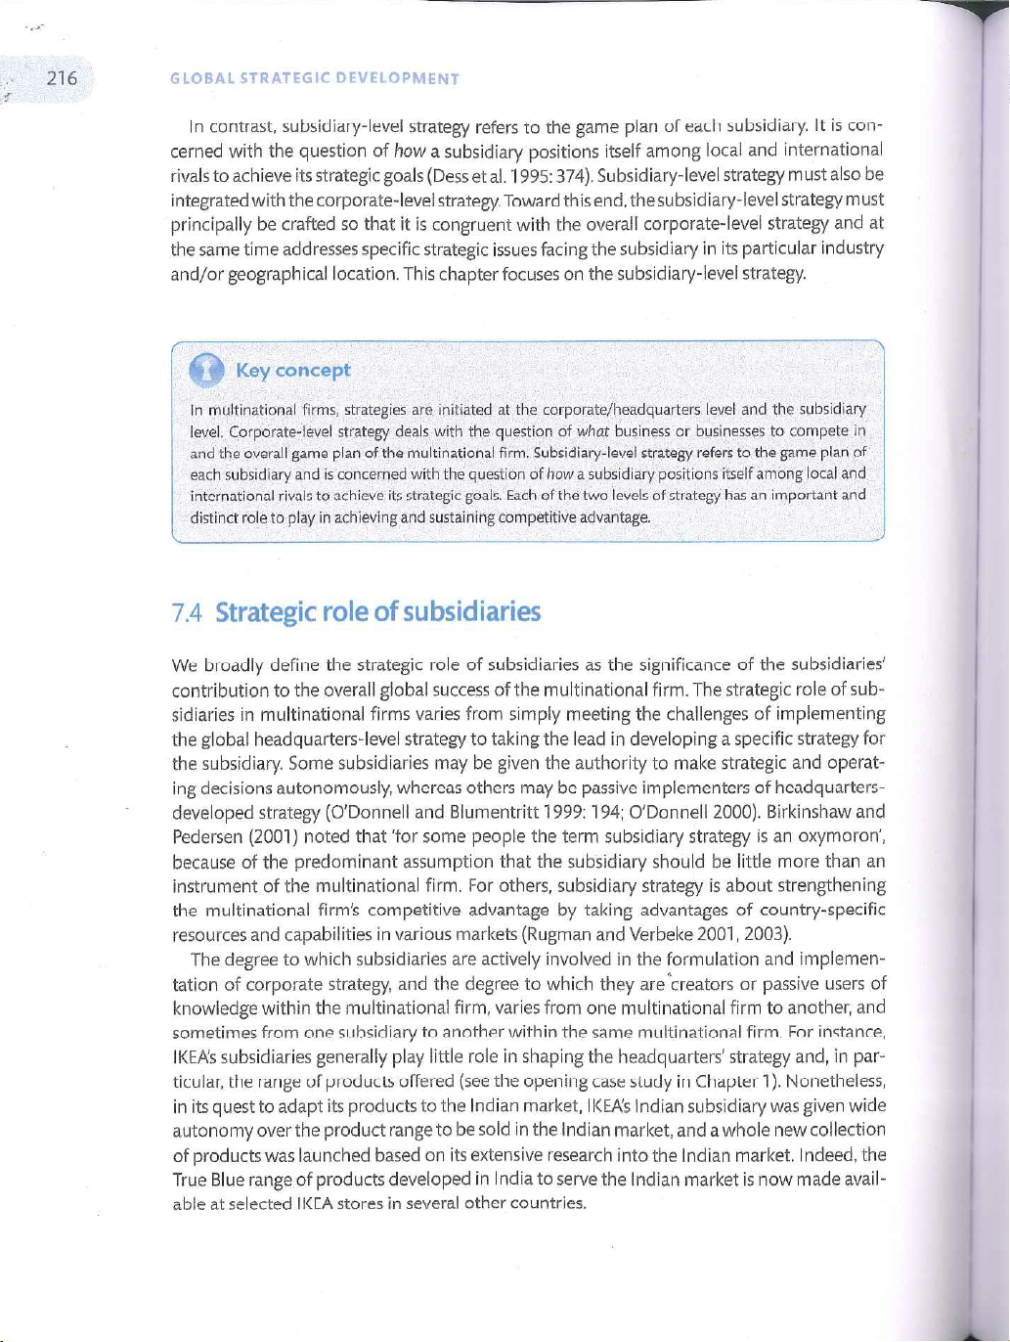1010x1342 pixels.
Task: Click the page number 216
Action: [x=62, y=78]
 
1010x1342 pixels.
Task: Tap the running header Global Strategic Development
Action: [x=315, y=79]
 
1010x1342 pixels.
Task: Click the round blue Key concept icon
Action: [x=207, y=370]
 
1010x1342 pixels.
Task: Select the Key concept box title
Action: [x=292, y=370]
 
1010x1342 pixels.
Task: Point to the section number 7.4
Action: [x=186, y=613]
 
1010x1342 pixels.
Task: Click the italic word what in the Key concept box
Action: [x=593, y=430]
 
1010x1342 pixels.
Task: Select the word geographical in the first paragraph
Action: [x=278, y=274]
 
